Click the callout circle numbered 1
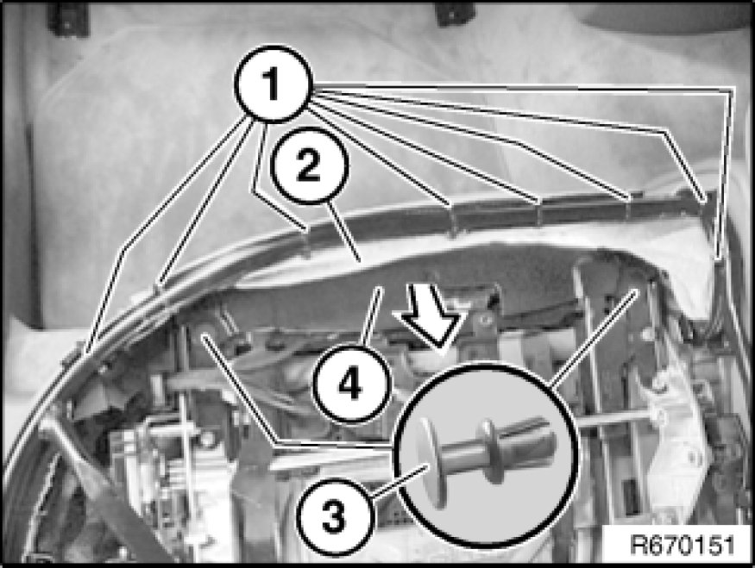pos(274,84)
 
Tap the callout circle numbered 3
pos(335,517)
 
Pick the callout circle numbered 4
pos(351,384)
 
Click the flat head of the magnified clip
pos(433,462)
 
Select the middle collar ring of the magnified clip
pos(490,451)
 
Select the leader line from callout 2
pos(343,232)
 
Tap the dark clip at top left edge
pos(67,19)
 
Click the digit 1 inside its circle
pos(272,84)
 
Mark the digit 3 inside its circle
pos(335,517)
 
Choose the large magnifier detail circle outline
pos(487,365)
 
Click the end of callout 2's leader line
pos(359,260)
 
